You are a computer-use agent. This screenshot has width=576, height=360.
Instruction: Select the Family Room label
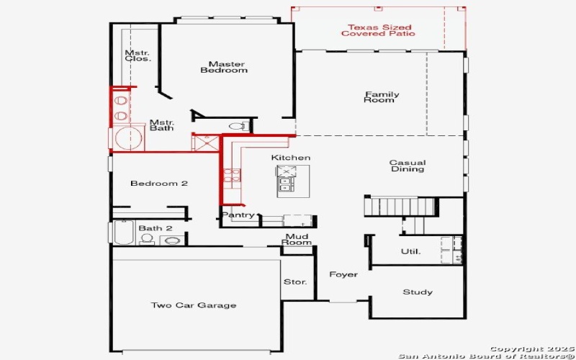tap(382, 97)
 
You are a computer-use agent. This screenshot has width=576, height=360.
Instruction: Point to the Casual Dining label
tap(408, 166)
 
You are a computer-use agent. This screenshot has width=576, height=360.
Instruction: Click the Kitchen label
tap(291, 158)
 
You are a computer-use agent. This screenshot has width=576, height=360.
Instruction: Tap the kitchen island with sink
tap(286, 180)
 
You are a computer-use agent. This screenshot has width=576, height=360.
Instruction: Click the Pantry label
tap(238, 215)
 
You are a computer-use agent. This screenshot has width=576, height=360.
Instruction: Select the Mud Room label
tap(298, 239)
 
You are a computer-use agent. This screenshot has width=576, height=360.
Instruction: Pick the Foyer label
tap(343, 274)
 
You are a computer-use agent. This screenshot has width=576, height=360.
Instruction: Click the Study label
tap(418, 292)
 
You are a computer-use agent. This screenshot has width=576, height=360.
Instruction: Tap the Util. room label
tap(410, 251)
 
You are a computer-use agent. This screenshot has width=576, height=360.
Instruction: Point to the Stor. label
tap(295, 282)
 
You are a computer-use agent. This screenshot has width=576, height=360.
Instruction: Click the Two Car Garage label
tap(193, 305)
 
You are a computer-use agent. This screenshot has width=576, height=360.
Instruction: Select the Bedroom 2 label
tap(159, 184)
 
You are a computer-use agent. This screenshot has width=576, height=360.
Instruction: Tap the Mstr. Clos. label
tap(138, 56)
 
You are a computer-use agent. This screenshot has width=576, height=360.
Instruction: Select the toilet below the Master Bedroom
tap(237, 126)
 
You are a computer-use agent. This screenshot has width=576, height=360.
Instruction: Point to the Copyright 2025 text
tap(532, 348)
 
